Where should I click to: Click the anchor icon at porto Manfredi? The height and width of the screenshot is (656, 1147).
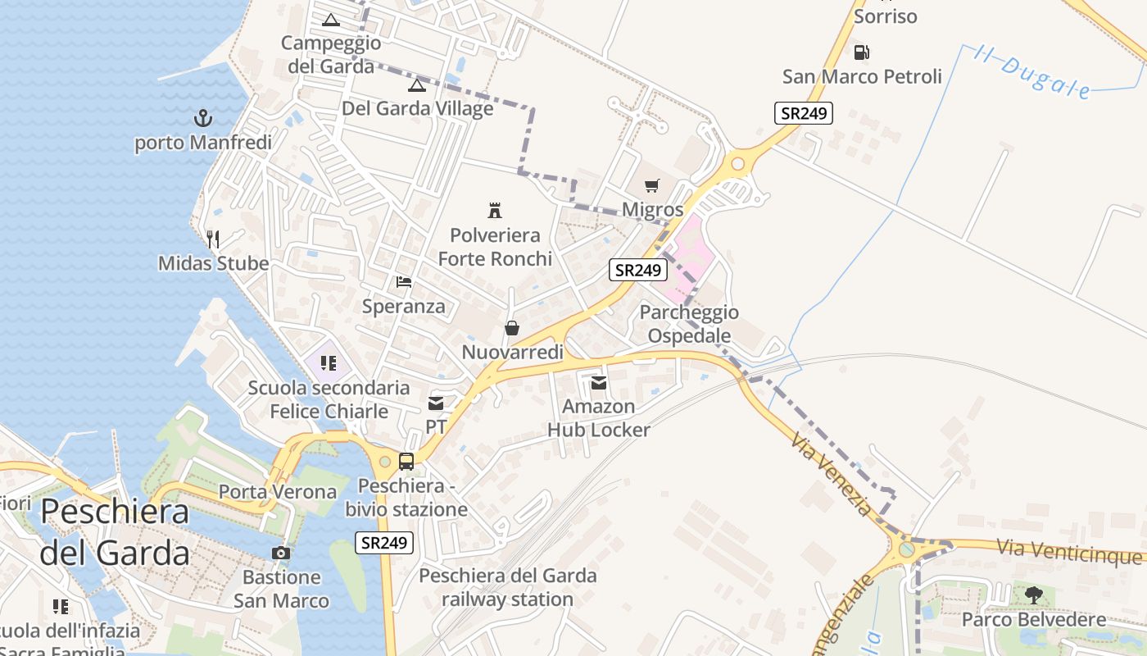(202, 118)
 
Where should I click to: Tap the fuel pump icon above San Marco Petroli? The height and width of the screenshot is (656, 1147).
(861, 52)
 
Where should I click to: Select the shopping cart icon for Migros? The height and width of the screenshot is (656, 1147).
(651, 185)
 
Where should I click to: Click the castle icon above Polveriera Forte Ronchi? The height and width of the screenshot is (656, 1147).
(495, 210)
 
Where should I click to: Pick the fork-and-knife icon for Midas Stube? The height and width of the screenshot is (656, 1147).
(213, 239)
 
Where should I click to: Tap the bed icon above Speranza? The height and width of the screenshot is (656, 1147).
(404, 282)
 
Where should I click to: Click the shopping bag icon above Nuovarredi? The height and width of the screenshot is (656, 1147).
(512, 328)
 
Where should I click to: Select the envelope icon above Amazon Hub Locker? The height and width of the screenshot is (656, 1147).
(599, 382)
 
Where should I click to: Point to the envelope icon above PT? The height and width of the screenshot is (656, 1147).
(435, 403)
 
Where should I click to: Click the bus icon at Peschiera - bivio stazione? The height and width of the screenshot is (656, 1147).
(406, 461)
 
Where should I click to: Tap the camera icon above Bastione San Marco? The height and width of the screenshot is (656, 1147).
(281, 553)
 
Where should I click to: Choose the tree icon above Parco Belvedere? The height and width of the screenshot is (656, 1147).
(1034, 594)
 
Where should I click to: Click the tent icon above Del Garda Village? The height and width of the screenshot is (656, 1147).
(417, 84)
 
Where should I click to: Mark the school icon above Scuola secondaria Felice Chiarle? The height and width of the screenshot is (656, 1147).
(329, 362)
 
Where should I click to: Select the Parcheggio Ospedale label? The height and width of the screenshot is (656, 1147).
(689, 324)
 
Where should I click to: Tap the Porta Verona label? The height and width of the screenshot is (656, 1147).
(278, 492)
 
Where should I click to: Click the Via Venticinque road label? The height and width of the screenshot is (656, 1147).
(1069, 552)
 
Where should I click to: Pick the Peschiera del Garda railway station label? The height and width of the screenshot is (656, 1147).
(508, 587)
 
